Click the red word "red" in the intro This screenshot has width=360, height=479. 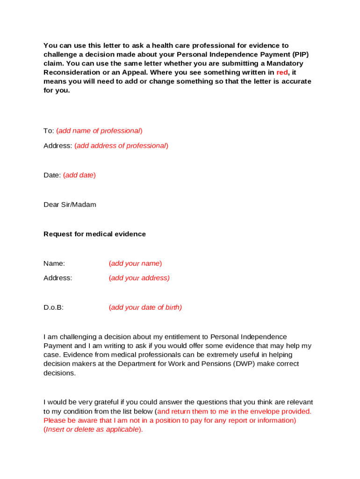282,73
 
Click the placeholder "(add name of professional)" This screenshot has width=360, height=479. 99,131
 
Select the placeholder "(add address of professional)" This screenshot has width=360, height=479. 121,146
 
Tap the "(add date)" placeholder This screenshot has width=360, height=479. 79,175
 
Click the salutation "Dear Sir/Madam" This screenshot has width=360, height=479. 70,205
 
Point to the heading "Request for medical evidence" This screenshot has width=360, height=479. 94,234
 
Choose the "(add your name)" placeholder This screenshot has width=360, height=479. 135,263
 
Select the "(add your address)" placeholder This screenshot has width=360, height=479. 139,278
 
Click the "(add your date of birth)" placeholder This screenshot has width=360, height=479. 145,308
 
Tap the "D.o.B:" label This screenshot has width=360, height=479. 53,308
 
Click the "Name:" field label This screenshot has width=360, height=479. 54,263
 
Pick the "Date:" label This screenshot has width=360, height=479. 52,175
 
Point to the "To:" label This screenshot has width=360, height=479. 49,131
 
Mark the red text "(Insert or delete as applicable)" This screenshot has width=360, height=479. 93,430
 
